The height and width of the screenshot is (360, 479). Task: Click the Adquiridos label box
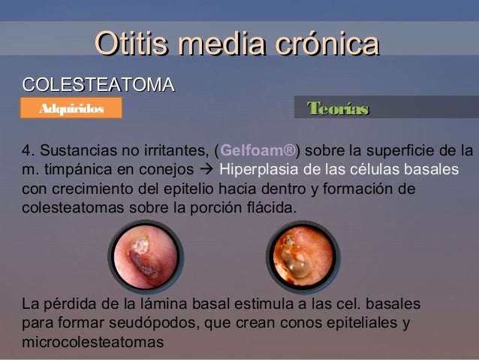pyautogui.click(x=71, y=110)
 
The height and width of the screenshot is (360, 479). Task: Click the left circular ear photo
pyautogui.click(x=145, y=256)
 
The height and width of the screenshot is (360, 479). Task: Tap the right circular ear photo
pyautogui.click(x=300, y=256)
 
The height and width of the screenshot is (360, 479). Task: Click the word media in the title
pyautogui.click(x=212, y=44)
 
